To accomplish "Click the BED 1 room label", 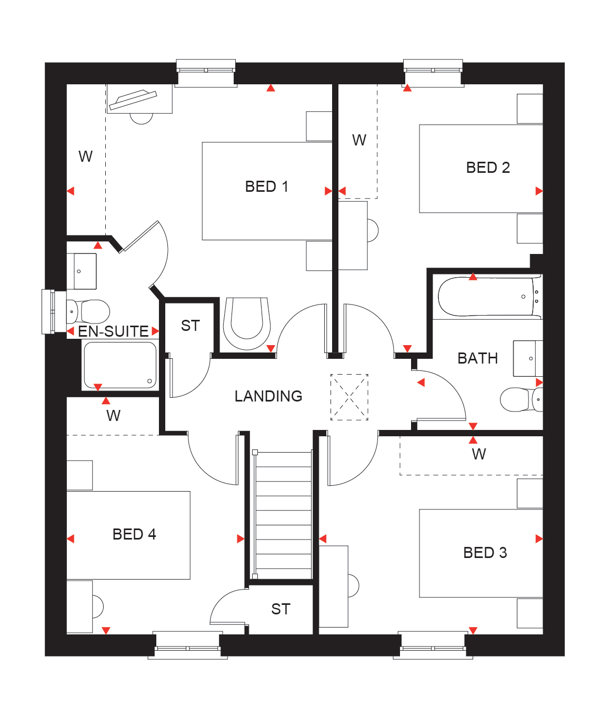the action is tap(266, 187).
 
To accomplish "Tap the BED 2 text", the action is tap(488, 168).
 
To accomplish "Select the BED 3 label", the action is tap(485, 552).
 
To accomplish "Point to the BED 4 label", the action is tap(134, 534).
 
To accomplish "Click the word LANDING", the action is tap(268, 396).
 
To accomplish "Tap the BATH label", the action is tap(477, 358).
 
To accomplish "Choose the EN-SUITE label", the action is tap(113, 331).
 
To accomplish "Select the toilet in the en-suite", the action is tap(88, 311).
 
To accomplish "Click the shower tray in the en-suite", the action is tap(120, 365).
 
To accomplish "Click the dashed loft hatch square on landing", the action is tap(349, 397).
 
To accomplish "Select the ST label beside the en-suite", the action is tap(190, 326).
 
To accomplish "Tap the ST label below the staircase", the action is tap(281, 609).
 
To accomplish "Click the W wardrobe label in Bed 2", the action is tap(359, 140).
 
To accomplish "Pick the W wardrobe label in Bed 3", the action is tap(478, 454).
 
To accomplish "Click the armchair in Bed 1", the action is tap(247, 324).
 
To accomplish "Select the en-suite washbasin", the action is tap(82, 271).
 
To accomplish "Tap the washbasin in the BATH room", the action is tap(528, 358).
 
